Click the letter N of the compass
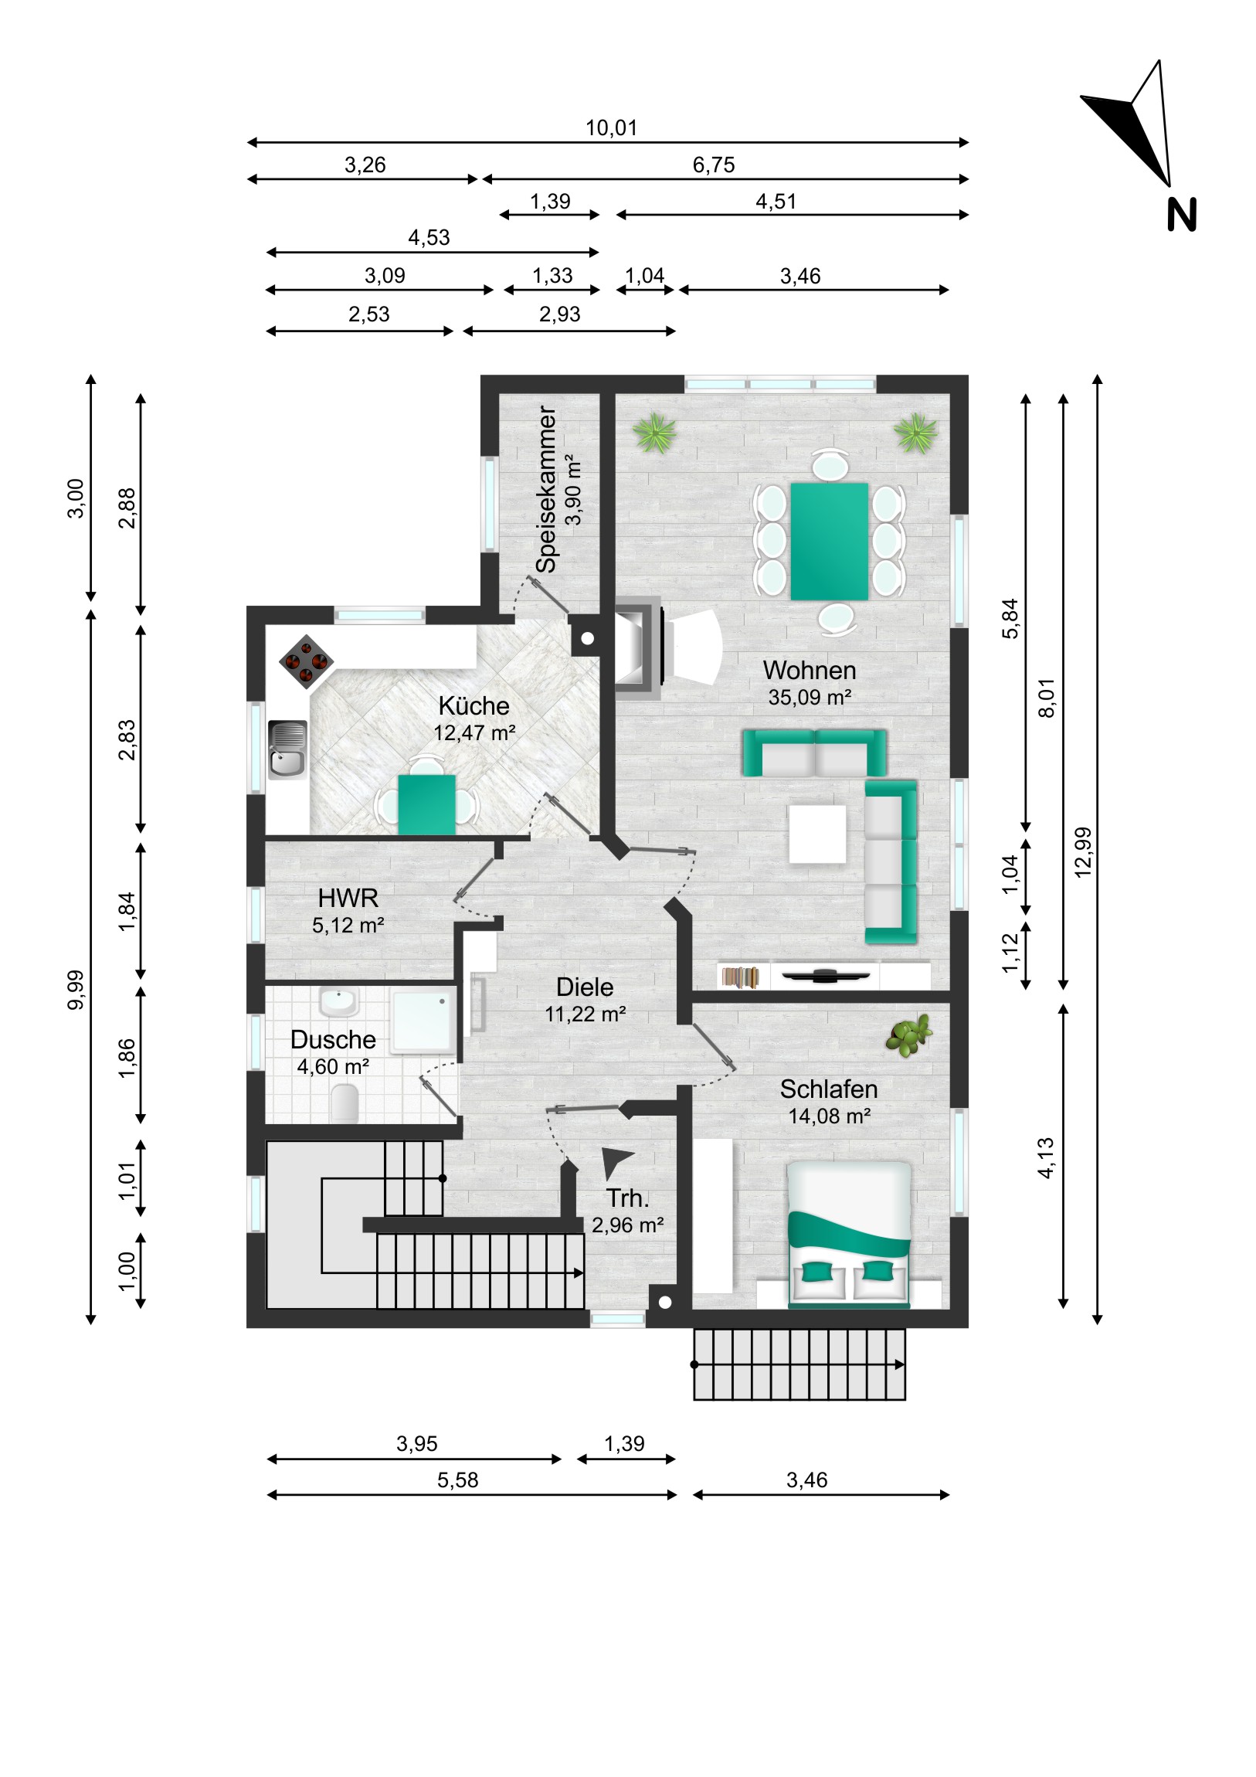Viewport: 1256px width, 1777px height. pos(1181,215)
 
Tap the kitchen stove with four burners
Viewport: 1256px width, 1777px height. pos(307,661)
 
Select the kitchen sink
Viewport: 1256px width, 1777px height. pos(287,749)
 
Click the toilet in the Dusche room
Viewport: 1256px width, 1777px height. pos(345,1103)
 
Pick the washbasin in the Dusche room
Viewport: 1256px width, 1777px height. pos(338,1002)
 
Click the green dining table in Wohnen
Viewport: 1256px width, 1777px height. pos(829,541)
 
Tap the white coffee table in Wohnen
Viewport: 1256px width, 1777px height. pos(817,834)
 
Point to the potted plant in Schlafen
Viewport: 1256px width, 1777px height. pos(909,1035)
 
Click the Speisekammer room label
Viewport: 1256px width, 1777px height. pos(546,490)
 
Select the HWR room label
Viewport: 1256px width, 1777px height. pos(348,898)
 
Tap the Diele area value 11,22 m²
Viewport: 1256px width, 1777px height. pos(585,1014)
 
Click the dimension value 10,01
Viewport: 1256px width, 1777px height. pos(611,127)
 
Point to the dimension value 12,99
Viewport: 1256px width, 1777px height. pos(1083,851)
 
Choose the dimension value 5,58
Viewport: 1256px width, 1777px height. pos(458,1480)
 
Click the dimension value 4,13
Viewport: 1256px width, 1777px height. pos(1045,1158)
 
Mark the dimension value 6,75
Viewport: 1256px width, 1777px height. pos(714,165)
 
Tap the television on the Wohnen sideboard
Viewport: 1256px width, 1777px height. pos(826,975)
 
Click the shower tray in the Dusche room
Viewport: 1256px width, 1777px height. pos(423,1019)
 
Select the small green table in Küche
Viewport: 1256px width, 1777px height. pos(426,805)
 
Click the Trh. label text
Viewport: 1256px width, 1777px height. pos(627,1198)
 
